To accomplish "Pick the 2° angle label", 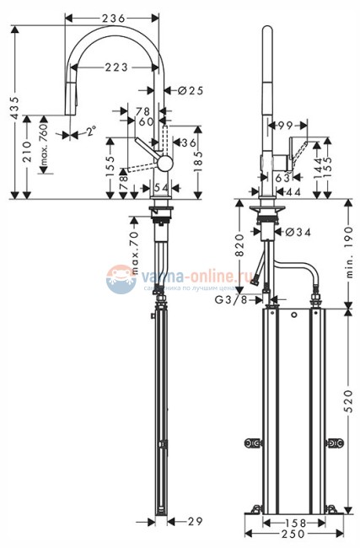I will (x=90, y=131).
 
